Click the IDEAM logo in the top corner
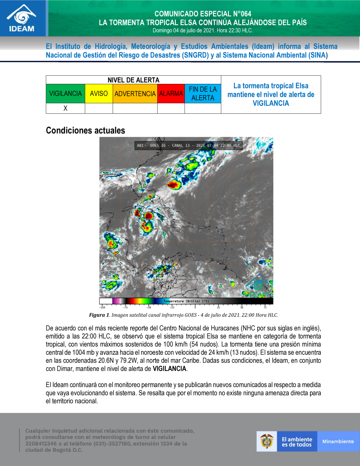22,19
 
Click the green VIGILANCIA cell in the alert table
66,94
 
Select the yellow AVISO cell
99,94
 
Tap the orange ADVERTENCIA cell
135,94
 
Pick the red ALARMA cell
171,94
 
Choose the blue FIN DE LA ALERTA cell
203,94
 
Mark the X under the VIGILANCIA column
66,108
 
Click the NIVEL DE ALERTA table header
133,80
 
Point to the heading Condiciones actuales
86,130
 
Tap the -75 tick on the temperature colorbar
125,307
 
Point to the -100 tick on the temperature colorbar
102,307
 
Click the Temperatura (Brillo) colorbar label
186,301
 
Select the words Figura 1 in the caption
99,315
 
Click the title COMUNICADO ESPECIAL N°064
203,14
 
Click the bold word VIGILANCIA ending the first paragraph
169,369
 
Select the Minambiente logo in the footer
338,442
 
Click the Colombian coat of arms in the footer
267,442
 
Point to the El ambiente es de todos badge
297,442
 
